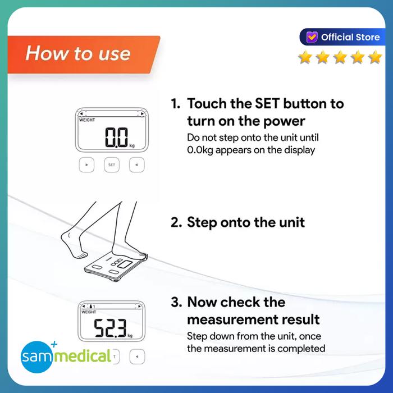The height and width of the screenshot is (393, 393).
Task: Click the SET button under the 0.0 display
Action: click(x=112, y=165)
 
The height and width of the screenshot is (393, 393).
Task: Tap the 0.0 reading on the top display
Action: click(x=117, y=137)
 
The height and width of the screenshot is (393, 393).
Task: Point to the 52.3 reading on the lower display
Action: click(x=110, y=328)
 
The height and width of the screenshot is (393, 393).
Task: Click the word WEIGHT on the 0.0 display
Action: click(x=87, y=120)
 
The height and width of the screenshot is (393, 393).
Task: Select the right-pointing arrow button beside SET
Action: click(x=86, y=165)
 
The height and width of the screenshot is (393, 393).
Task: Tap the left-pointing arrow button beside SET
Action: click(x=136, y=165)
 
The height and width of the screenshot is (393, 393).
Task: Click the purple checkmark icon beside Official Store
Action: click(x=312, y=37)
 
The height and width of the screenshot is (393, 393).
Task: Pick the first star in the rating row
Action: click(x=305, y=57)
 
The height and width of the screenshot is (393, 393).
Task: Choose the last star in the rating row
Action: click(x=375, y=57)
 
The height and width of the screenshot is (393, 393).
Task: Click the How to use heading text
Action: click(x=78, y=53)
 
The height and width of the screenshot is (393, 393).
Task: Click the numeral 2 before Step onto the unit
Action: click(x=175, y=222)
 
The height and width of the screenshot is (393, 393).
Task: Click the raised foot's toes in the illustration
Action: click(x=81, y=255)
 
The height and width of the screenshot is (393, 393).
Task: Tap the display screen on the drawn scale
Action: click(x=125, y=264)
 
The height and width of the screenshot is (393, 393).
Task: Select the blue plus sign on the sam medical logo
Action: click(x=54, y=344)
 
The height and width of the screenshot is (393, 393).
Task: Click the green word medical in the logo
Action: click(x=82, y=355)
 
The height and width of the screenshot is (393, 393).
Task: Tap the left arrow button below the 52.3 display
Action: click(x=137, y=357)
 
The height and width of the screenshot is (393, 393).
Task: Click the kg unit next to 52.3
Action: click(x=130, y=336)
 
